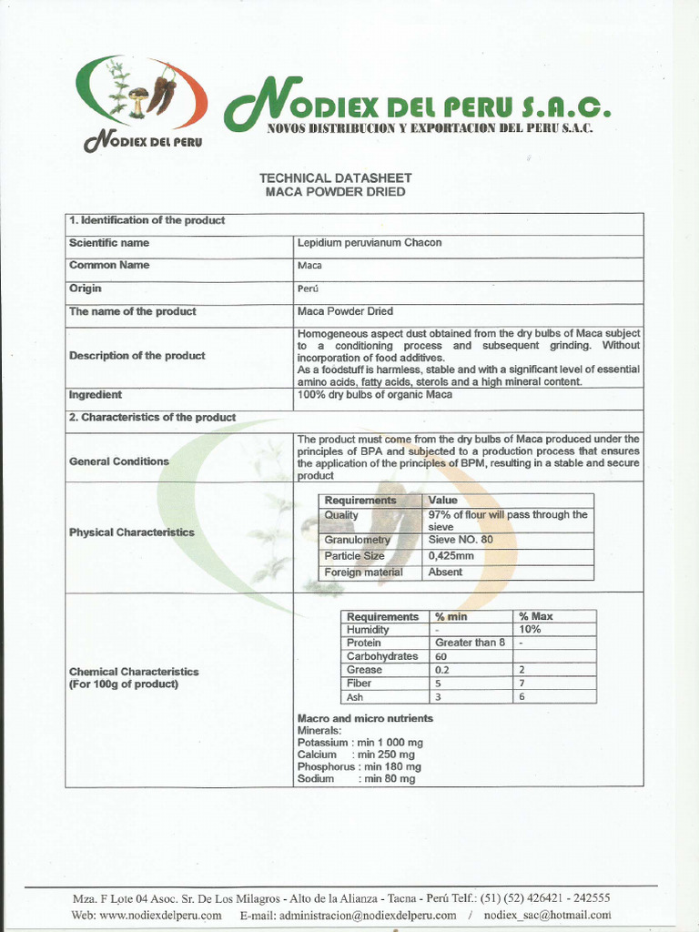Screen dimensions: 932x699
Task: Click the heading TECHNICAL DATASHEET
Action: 336,178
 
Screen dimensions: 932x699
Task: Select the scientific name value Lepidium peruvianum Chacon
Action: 370,243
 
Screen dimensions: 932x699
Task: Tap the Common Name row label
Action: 109,266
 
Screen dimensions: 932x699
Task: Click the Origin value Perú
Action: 308,289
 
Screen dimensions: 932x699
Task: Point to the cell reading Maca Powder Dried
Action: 345,311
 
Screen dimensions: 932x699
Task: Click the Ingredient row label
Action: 96,395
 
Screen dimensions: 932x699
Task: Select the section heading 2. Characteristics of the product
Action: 153,417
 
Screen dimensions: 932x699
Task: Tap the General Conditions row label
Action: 119,461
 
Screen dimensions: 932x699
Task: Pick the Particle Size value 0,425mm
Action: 451,556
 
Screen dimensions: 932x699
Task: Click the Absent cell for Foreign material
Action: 445,572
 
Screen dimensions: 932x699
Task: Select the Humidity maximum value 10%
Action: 530,629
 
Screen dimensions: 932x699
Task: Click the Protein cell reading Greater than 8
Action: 470,643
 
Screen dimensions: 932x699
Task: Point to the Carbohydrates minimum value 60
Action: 441,656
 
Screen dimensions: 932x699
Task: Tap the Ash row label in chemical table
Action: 355,697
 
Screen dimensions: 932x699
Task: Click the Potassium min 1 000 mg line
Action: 360,743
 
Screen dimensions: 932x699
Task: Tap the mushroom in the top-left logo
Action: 137,100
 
